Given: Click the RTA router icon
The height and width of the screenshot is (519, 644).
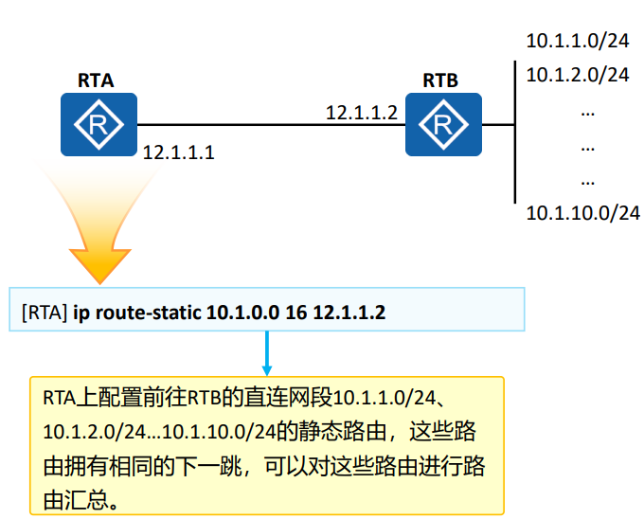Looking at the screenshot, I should (x=98, y=125).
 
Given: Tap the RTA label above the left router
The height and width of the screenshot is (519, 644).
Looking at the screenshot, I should (x=97, y=81).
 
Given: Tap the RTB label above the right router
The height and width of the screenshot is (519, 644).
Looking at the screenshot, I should (x=440, y=81).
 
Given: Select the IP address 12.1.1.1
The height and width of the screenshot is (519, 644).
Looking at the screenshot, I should (x=179, y=152).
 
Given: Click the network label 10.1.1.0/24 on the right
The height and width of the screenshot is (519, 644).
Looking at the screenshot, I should (x=577, y=42).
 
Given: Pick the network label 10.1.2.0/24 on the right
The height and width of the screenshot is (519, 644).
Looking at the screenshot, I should (x=577, y=73).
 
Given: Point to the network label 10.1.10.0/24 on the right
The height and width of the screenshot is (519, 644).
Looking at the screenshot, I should (x=582, y=212).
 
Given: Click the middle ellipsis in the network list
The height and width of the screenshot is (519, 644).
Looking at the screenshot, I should (x=587, y=147).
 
